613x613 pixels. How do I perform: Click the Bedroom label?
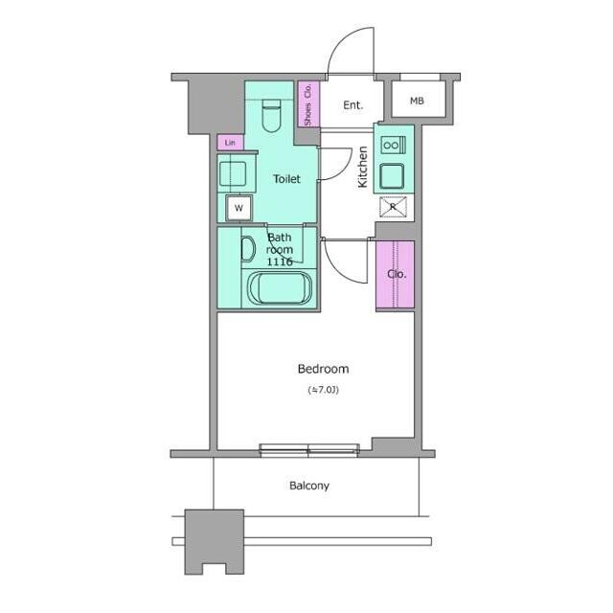[323, 369]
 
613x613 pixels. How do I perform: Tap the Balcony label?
[309, 486]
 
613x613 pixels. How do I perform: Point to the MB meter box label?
[417, 101]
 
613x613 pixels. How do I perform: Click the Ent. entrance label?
[353, 104]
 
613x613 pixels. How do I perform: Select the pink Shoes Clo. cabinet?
[308, 104]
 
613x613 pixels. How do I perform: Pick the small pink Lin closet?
[230, 143]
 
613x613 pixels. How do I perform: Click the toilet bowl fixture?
[271, 116]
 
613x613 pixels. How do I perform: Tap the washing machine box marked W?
[238, 208]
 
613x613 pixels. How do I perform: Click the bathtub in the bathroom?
[281, 287]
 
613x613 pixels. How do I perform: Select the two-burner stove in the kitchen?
[394, 145]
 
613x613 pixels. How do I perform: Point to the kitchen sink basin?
[392, 176]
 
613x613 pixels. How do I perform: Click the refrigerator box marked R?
[394, 207]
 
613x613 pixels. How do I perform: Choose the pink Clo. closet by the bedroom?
[395, 275]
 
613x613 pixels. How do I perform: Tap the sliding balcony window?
[309, 450]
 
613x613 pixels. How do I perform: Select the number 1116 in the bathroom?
[280, 261]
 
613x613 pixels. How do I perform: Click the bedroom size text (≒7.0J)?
[324, 390]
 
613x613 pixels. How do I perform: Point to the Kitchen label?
[363, 167]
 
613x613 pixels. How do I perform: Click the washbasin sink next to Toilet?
[233, 174]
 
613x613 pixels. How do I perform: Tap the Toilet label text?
[286, 179]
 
